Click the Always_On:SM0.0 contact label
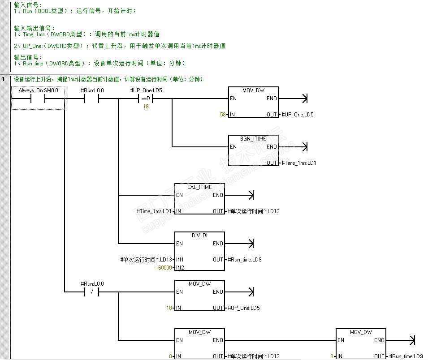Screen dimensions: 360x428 click(38, 90)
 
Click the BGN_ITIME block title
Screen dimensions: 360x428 click(253, 139)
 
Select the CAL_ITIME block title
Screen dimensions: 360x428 click(199, 187)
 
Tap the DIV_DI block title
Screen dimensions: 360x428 click(199, 235)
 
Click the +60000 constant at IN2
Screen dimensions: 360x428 click(164, 268)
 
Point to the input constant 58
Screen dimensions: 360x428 click(223, 115)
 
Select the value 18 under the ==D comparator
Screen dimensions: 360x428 click(146, 107)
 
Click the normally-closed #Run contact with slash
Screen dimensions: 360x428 click(92, 292)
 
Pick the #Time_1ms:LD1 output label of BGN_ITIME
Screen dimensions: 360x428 click(299, 163)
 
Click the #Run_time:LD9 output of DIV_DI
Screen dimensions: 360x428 click(245, 260)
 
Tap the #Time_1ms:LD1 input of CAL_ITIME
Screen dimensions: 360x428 click(154, 211)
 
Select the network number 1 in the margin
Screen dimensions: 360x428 click(4, 80)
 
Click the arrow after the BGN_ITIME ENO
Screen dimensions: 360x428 click(305, 147)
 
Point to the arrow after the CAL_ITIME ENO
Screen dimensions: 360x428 click(251, 195)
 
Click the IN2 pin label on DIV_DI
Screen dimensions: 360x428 click(180, 268)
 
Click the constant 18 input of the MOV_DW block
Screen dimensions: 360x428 click(169, 308)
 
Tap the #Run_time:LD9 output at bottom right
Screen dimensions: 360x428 click(406, 356)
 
